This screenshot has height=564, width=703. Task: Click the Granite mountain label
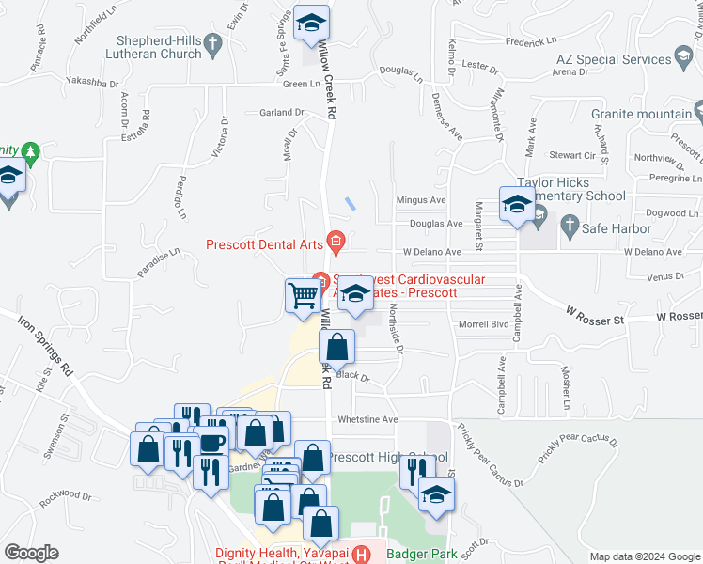coord(642,115)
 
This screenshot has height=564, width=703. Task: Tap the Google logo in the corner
coord(32,553)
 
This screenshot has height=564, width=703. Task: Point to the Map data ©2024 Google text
coord(644,556)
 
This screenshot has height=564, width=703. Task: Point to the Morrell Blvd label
coord(483,324)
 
